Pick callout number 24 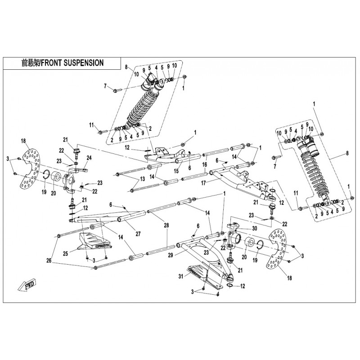[89, 157]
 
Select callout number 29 [170, 255]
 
